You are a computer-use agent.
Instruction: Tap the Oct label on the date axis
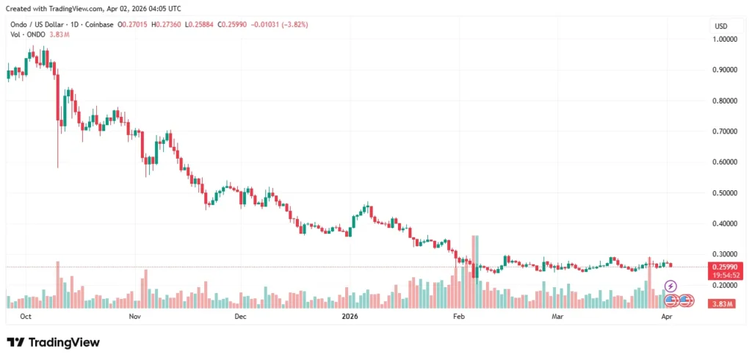pos(26,317)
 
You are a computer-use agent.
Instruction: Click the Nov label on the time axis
pos(134,317)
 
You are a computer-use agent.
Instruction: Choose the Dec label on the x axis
pos(239,317)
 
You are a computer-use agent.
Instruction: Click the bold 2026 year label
pos(350,317)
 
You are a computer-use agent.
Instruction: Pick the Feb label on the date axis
pos(459,317)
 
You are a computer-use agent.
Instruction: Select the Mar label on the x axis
pos(557,317)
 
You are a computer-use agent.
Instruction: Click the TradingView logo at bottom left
pos(53,342)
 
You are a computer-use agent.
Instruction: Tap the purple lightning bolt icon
pos(670,286)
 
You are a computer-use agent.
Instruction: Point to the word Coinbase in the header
pos(100,24)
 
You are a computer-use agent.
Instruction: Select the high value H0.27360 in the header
pos(166,24)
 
